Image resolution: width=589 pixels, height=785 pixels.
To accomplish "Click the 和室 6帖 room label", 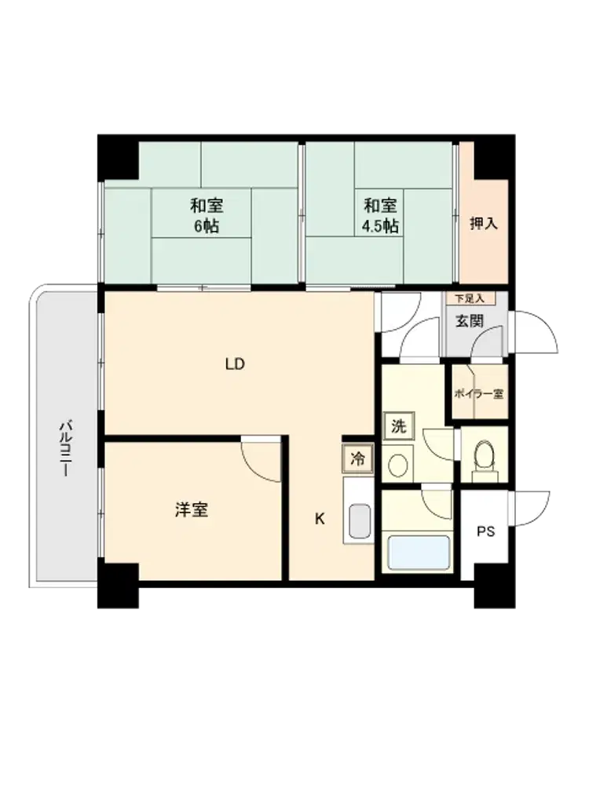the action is click(x=207, y=216).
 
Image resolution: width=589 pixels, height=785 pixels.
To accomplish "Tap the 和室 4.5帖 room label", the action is click(x=380, y=216).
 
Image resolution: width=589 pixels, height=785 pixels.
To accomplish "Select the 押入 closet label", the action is click(x=483, y=223).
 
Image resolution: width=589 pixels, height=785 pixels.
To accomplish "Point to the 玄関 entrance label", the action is click(x=470, y=321).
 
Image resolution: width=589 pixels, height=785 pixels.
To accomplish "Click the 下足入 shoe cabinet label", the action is click(x=470, y=299).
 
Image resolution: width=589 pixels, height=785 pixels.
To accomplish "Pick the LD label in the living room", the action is click(x=234, y=364).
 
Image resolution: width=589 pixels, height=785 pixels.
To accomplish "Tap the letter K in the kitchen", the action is click(x=320, y=519).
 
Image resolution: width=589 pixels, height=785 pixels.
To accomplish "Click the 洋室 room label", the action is click(x=192, y=509).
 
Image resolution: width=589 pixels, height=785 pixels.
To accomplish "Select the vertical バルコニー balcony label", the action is click(x=65, y=448).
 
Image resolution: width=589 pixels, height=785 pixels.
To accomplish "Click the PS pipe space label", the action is click(x=485, y=531).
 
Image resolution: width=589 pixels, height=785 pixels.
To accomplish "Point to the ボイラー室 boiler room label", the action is click(x=478, y=393).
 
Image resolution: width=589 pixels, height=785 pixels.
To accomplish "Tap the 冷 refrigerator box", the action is click(x=357, y=458).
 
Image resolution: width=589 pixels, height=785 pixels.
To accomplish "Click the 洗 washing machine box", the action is click(x=399, y=426).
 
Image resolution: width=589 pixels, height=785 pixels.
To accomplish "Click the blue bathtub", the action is click(x=419, y=553).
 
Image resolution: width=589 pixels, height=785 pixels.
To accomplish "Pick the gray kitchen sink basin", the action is click(x=359, y=520).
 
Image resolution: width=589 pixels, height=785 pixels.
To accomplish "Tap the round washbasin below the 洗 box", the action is click(x=398, y=465).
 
